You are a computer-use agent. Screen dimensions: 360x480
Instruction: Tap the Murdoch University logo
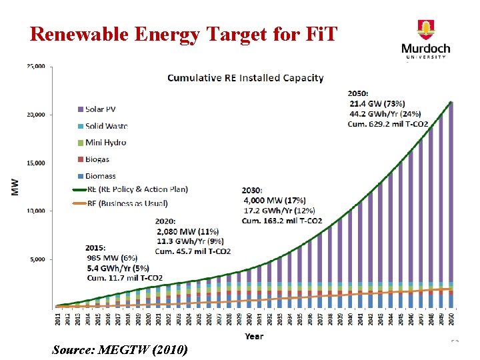click(x=425, y=40)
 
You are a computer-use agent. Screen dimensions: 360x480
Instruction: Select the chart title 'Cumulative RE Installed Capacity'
click(x=245, y=78)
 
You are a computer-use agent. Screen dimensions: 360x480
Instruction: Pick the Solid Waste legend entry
click(x=101, y=125)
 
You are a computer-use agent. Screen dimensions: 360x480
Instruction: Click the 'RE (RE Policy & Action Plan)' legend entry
click(x=130, y=189)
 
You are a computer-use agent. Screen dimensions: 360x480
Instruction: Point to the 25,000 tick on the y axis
click(x=35, y=67)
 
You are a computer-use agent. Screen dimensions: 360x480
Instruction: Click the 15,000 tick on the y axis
click(x=35, y=163)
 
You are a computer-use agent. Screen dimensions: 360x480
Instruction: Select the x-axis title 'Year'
click(x=253, y=337)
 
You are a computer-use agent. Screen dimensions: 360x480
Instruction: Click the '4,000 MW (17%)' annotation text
click(x=275, y=200)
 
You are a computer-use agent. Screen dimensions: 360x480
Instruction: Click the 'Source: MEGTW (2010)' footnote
click(x=119, y=349)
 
